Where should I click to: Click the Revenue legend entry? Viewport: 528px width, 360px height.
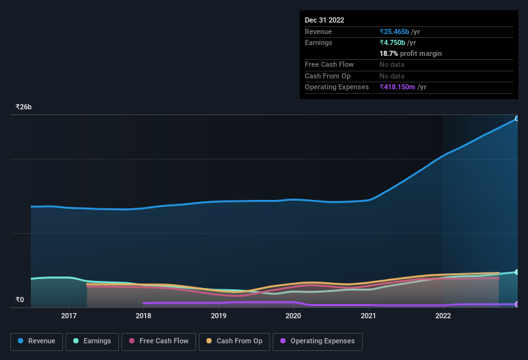point(37,341)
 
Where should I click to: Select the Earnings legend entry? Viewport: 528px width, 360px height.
point(93,341)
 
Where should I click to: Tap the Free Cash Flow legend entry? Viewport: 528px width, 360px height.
point(158,341)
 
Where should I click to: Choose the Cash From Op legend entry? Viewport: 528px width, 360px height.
point(233,341)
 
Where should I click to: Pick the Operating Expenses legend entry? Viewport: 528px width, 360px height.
point(317,341)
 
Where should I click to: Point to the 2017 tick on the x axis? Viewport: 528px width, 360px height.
point(69,316)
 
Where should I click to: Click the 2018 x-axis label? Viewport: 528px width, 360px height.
point(143,316)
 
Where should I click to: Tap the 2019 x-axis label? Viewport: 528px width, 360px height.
point(219,316)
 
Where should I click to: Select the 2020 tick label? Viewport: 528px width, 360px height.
point(293,316)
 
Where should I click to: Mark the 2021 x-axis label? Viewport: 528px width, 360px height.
point(369,316)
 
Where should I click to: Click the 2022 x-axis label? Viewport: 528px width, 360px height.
point(443,316)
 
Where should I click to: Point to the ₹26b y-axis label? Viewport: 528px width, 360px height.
point(24,107)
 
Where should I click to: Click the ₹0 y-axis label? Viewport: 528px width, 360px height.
point(20,300)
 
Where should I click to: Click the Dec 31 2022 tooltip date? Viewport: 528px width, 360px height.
point(325,20)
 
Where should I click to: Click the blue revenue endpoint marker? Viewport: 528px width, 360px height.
point(516,119)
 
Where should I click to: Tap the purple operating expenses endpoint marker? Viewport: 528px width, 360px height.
point(516,304)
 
